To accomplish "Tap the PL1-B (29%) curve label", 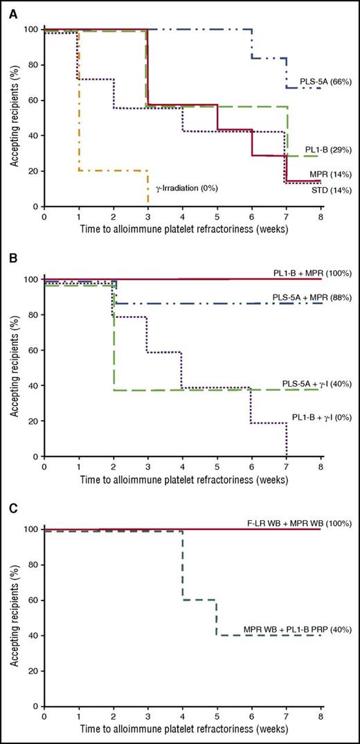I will [328, 150].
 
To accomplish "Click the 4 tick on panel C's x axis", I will [183, 716].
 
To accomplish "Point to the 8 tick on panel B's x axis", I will [321, 466].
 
